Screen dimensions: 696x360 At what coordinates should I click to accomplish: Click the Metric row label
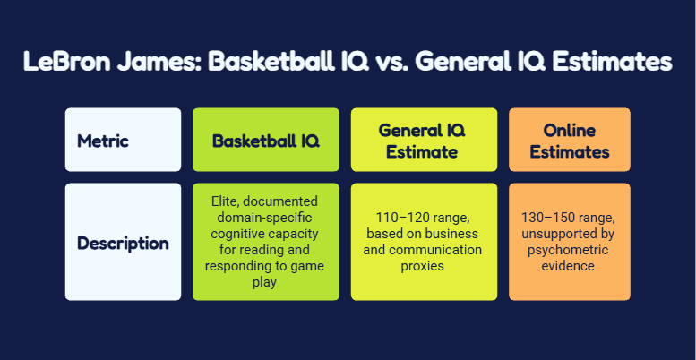103,141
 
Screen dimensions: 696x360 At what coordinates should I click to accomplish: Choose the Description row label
123,244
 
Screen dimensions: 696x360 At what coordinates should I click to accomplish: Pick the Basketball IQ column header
266,141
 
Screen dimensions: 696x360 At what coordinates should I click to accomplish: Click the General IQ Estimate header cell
422,141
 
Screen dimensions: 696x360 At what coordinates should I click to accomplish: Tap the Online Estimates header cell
570,141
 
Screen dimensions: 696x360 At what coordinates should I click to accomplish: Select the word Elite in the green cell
220,201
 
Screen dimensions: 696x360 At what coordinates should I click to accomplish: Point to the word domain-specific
266,218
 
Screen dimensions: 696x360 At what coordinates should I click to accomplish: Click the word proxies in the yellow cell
422,266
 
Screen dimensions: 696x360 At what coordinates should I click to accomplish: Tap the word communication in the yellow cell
448,250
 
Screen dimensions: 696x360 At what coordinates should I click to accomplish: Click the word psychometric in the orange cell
570,250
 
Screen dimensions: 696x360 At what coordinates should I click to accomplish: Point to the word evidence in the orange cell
570,266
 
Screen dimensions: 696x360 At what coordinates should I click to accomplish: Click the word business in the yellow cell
452,234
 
